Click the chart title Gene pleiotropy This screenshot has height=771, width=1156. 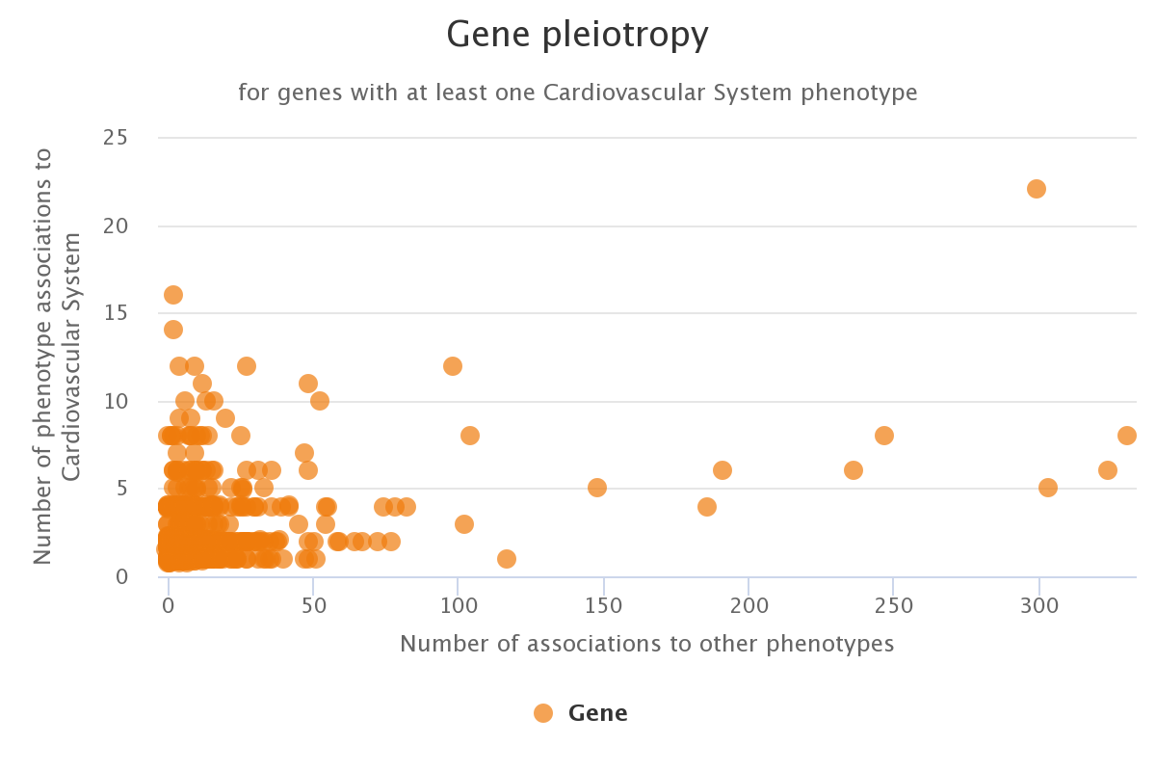point(577,36)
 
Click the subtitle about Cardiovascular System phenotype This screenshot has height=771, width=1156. point(577,93)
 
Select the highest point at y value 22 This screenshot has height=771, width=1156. point(1037,189)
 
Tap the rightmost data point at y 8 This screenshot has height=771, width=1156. point(1127,436)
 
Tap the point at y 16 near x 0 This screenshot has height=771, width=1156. point(173,295)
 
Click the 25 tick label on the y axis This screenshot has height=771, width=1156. point(116,138)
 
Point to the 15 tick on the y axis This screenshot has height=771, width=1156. point(116,313)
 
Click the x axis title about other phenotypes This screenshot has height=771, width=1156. point(647,644)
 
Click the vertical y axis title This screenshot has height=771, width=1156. point(58,357)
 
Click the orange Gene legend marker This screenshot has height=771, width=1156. point(543,713)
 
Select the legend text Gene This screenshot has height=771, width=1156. point(597,713)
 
